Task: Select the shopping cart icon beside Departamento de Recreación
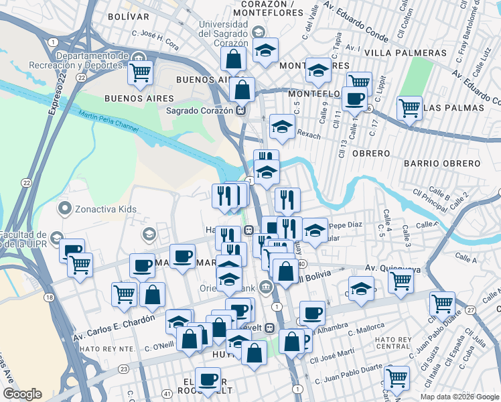[x=140, y=71]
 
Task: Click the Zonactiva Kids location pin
[x=65, y=208]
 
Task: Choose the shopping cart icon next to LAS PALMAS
[x=409, y=107]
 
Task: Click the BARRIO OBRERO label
[x=442, y=163]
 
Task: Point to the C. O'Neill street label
[x=159, y=346]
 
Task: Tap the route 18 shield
[x=49, y=297]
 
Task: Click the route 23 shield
[x=123, y=368]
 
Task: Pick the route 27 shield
[x=471, y=310]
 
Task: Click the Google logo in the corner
[x=22, y=394]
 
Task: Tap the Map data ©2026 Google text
[x=459, y=396]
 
